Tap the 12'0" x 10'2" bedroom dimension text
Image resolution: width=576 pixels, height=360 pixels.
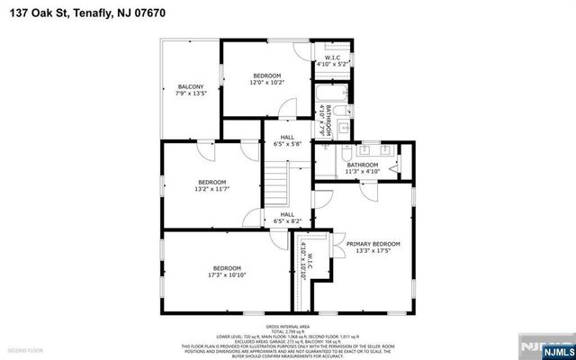coord(267,82)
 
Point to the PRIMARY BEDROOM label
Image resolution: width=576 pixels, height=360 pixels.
coord(373,243)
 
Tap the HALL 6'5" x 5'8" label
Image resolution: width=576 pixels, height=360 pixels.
coord(287,139)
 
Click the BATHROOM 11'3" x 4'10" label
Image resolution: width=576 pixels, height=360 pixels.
coord(363,166)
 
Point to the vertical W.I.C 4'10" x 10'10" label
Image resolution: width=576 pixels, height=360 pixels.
coord(306,263)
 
